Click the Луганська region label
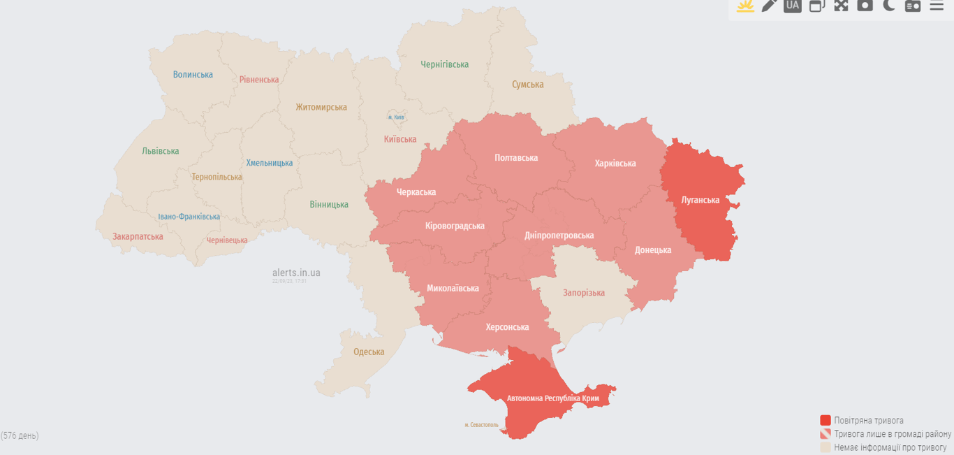[x=700, y=200]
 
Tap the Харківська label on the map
[x=615, y=164]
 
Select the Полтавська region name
[x=516, y=158]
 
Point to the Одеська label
[x=369, y=352]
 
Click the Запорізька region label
[x=584, y=293]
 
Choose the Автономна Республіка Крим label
[x=553, y=398]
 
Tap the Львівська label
[x=160, y=151]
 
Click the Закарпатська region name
[x=138, y=236]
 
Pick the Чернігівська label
[x=444, y=64]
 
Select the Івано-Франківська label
[x=189, y=217]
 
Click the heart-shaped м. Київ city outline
[x=396, y=117]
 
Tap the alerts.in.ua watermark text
[x=296, y=273]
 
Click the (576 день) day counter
[x=20, y=435]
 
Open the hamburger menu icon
[x=937, y=6]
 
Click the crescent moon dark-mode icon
[x=888, y=6]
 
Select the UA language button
[x=792, y=6]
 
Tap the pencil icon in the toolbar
[x=769, y=6]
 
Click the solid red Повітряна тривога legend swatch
[x=825, y=420]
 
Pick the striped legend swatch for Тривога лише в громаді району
[x=825, y=434]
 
